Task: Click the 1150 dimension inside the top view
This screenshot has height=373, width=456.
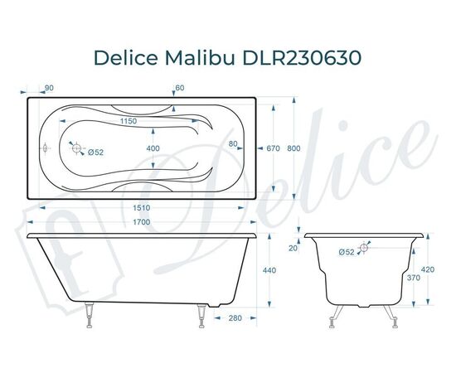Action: (x=126, y=122)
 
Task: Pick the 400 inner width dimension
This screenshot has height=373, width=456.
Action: (x=153, y=148)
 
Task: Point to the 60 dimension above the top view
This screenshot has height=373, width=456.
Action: (x=180, y=88)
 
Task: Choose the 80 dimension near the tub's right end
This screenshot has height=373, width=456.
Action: (x=234, y=144)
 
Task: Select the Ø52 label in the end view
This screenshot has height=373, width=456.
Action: (x=347, y=251)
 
